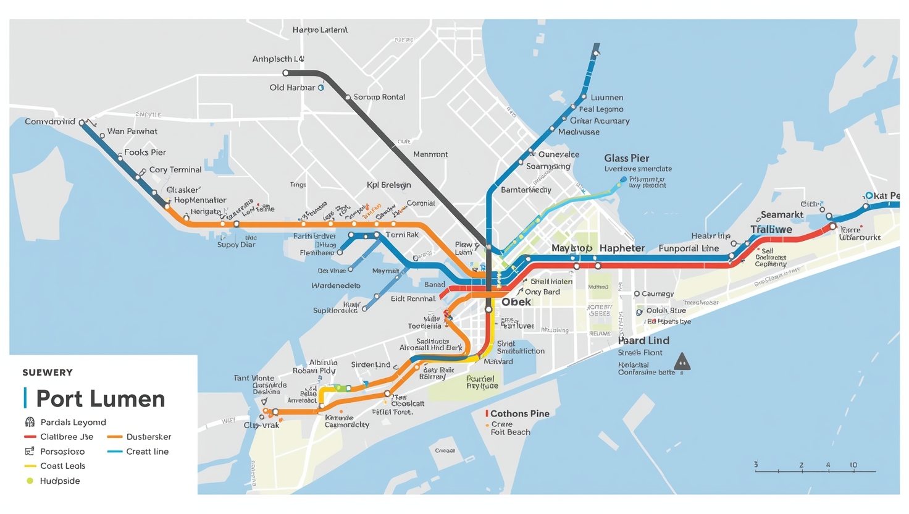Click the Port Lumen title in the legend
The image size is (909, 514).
100,398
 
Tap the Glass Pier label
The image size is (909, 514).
626,158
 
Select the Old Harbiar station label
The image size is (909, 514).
292,88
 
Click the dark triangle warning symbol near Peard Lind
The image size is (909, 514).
682,361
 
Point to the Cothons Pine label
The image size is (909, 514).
519,413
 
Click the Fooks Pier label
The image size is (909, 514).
145,152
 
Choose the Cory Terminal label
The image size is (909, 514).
175,169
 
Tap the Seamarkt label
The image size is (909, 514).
782,214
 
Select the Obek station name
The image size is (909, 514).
516,301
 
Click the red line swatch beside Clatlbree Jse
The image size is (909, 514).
30,437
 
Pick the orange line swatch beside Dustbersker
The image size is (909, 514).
115,437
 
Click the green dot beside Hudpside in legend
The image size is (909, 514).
30,481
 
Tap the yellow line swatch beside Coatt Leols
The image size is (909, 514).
30,466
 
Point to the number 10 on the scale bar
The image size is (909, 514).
853,465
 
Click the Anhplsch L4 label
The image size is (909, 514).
278,59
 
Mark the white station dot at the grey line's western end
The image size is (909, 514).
285,73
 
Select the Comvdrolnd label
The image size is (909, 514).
49,121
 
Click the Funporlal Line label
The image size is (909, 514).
689,248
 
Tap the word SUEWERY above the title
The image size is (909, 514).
48,373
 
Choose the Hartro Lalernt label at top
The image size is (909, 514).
320,30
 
